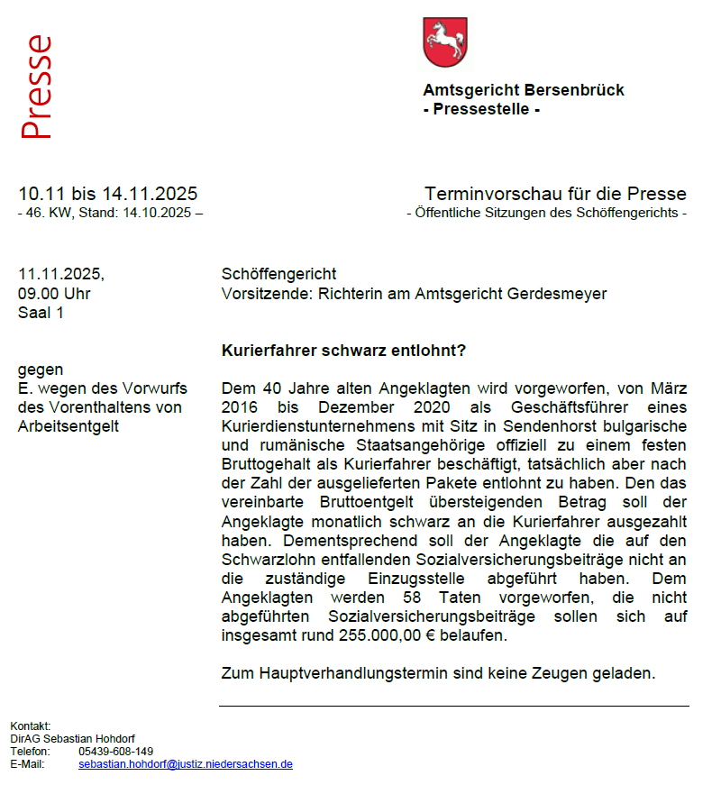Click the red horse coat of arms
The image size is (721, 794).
(x=444, y=41)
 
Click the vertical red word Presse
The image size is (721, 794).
(x=37, y=87)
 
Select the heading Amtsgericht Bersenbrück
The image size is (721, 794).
(x=523, y=90)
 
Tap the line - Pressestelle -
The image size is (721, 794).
(x=481, y=110)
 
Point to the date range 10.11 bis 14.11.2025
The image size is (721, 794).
(x=108, y=194)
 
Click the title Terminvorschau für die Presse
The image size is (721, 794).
(x=555, y=194)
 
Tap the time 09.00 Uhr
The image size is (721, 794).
(x=54, y=294)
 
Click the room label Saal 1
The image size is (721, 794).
(x=41, y=314)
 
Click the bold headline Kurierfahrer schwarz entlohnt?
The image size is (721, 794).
(x=343, y=350)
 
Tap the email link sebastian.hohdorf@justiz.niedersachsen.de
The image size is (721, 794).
(x=186, y=763)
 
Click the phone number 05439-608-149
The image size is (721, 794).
(x=115, y=751)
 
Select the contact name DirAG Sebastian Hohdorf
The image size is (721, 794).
(x=72, y=739)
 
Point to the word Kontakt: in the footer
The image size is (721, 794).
(x=31, y=726)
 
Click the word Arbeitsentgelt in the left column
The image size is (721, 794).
(x=68, y=426)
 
